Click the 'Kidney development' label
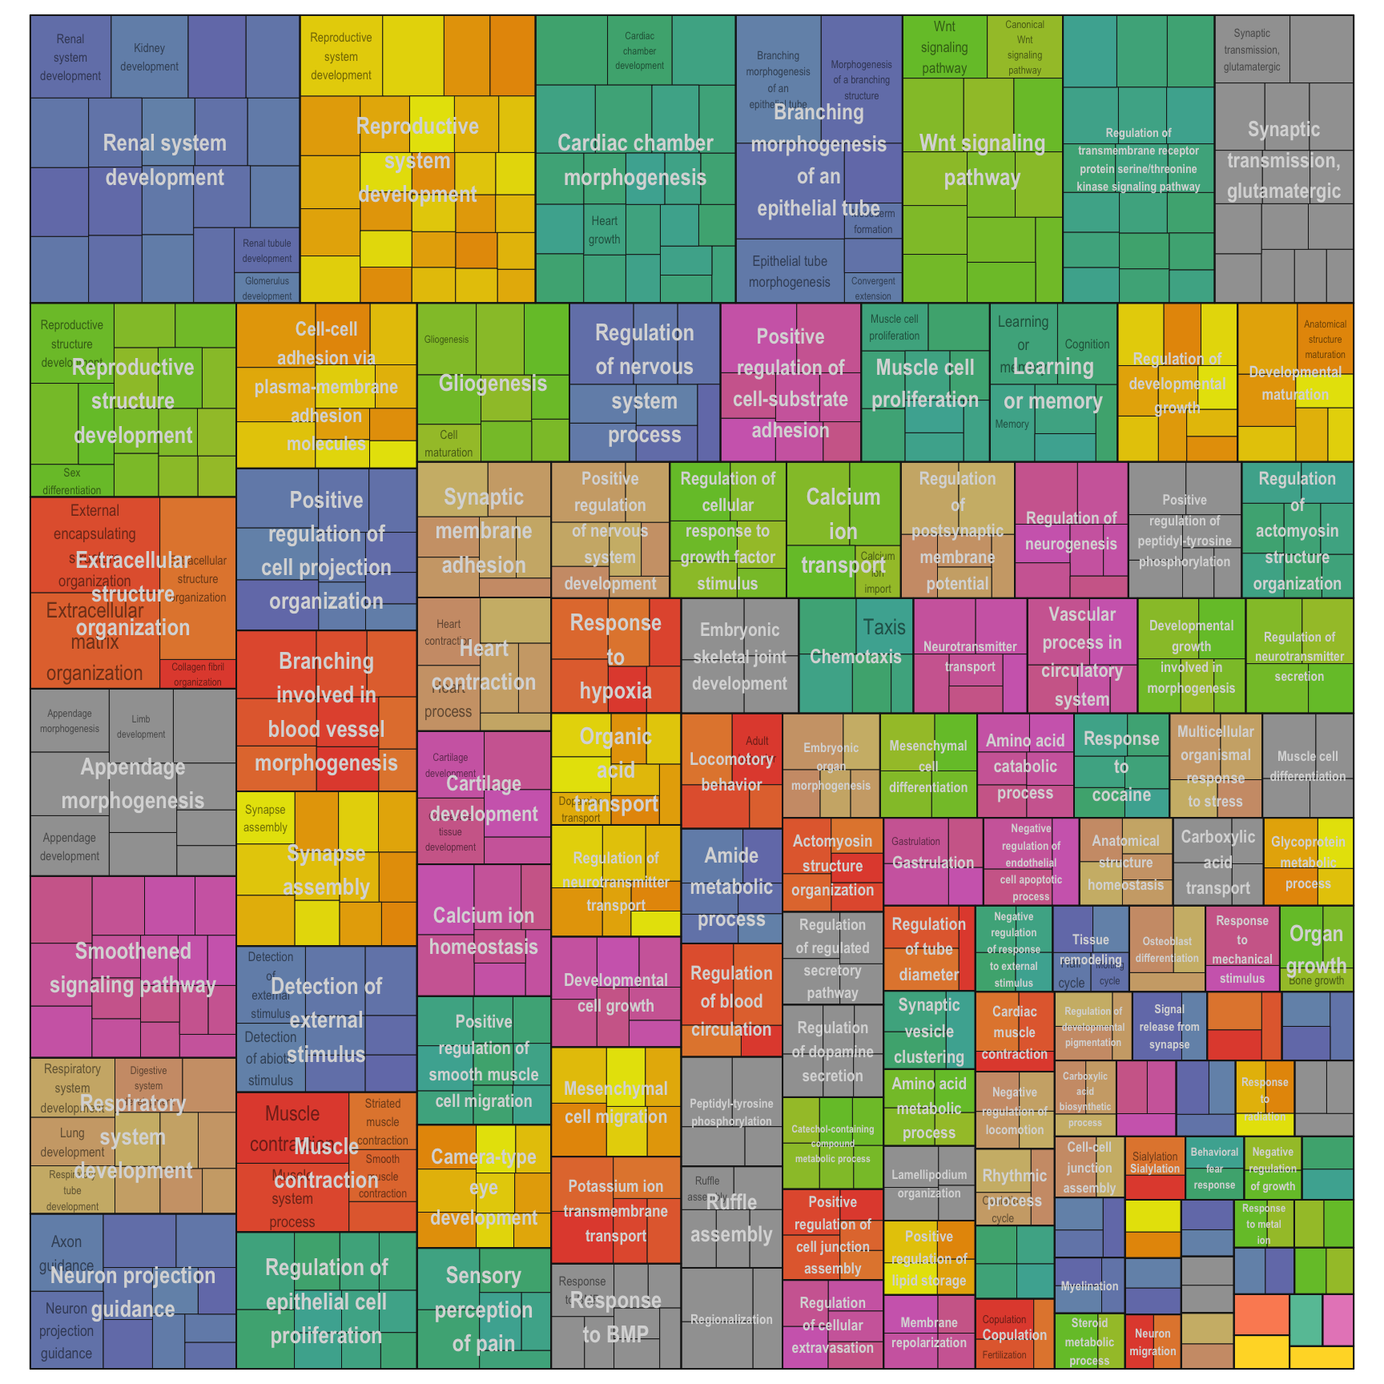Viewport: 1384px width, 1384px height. click(150, 58)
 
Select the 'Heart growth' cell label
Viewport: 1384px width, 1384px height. click(605, 230)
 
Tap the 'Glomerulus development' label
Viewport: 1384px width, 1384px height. click(268, 288)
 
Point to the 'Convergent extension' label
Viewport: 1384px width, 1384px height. click(873, 288)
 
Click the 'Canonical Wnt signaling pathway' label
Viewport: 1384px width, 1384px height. click(1024, 47)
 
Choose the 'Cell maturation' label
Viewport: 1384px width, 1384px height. click(449, 444)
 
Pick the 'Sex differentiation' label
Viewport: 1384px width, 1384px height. click(72, 481)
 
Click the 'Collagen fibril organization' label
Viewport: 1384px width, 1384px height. click(198, 674)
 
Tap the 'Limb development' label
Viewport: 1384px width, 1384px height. click(141, 726)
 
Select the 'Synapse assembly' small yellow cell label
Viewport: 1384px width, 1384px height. click(265, 819)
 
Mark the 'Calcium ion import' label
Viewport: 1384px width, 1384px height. click(878, 572)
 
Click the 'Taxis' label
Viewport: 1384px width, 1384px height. click(884, 627)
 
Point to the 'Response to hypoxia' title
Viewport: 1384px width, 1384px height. click(615, 657)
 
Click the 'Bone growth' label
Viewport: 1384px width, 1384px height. click(1317, 980)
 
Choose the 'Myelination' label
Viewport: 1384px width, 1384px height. click(1089, 1286)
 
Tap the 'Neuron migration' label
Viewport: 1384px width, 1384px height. click(1153, 1342)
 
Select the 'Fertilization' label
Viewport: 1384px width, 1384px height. click(1004, 1355)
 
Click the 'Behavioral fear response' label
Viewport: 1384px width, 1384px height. click(1214, 1169)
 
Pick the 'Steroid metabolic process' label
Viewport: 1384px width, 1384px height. click(1089, 1342)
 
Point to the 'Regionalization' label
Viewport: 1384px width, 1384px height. click(731, 1319)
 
